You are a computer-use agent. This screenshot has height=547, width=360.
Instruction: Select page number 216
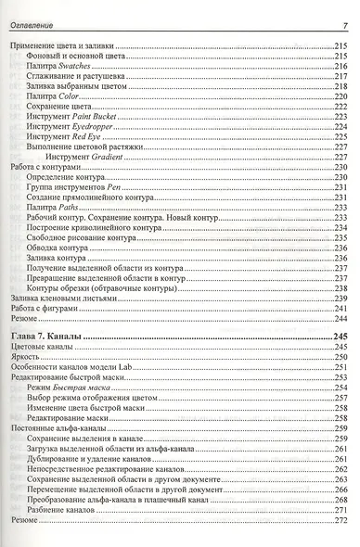pyautogui.click(x=339, y=66)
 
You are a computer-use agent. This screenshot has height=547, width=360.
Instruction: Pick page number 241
pyautogui.click(x=339, y=308)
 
